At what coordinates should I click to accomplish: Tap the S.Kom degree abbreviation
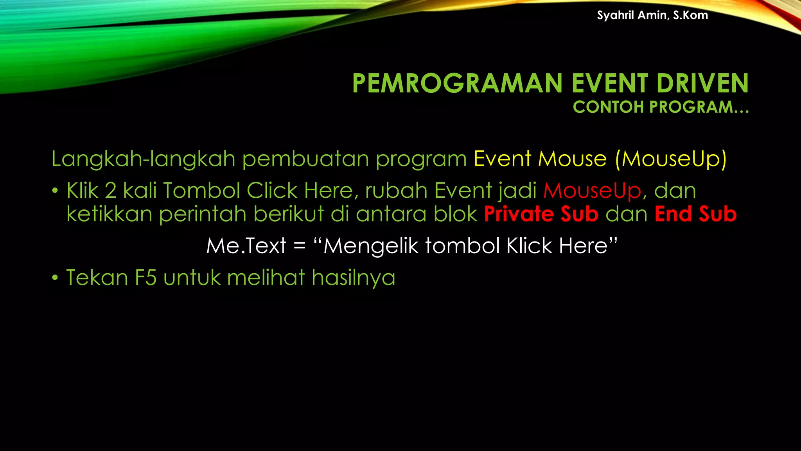[x=690, y=15]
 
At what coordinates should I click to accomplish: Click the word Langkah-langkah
[x=143, y=159]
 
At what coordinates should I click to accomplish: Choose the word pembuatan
[x=305, y=159]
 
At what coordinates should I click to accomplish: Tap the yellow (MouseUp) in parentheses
[x=671, y=159]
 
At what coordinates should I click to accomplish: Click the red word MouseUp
[x=592, y=191]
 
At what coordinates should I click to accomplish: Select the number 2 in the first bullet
[x=111, y=191]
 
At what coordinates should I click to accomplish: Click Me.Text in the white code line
[x=246, y=246]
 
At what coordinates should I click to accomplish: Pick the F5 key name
[x=145, y=278]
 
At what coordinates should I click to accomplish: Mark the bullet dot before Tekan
[x=55, y=278]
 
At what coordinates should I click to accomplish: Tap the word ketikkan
[x=109, y=214]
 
